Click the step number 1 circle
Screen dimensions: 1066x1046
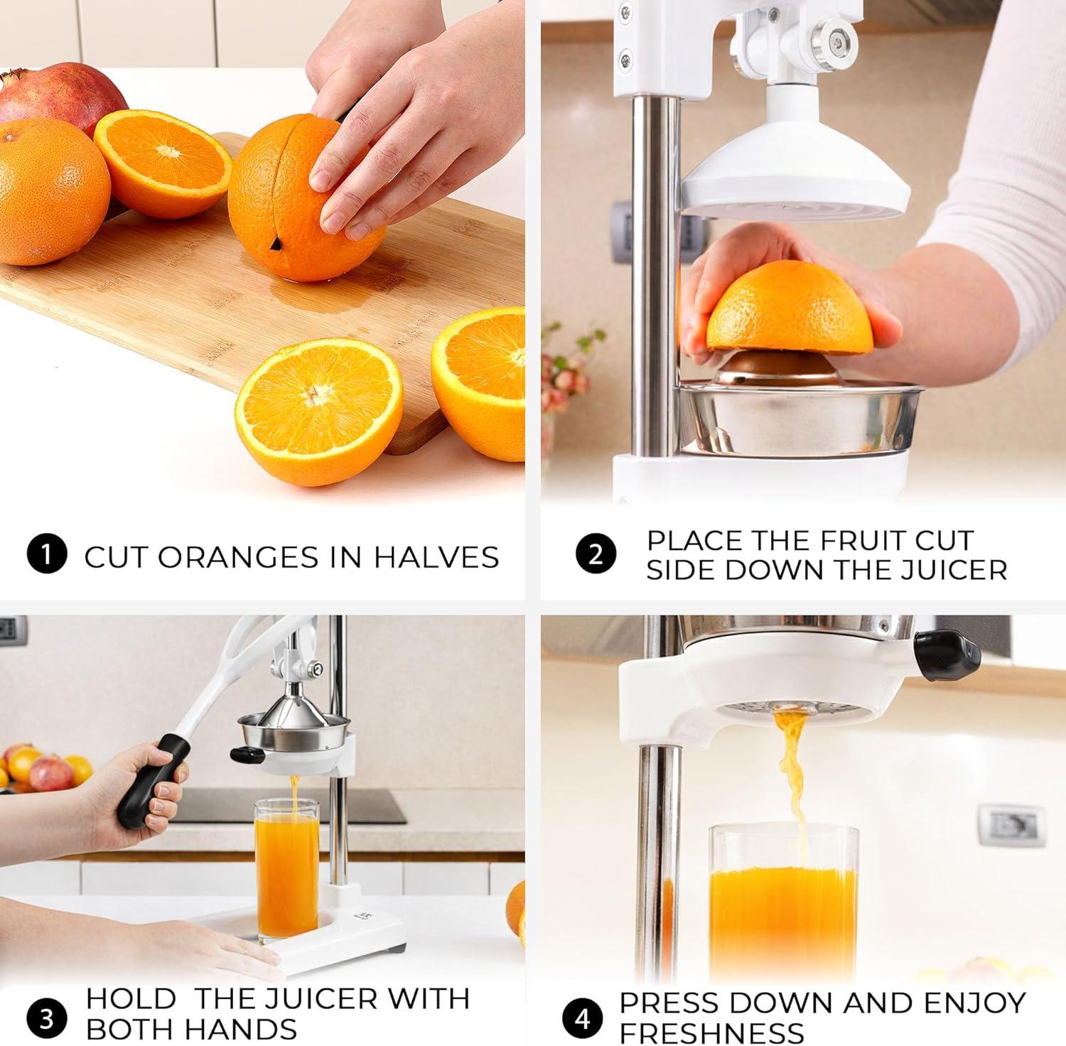(x=47, y=554)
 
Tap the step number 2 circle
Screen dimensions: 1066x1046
(x=596, y=554)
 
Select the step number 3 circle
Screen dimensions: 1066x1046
(x=47, y=1018)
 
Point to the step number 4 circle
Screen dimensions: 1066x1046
(x=583, y=1018)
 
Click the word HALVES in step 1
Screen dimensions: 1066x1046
(x=436, y=556)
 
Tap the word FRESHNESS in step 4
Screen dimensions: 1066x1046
(x=711, y=1032)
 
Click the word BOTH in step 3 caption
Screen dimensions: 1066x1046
(x=130, y=1029)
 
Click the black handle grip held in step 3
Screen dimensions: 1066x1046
(x=152, y=780)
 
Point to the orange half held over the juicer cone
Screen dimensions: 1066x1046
(x=789, y=307)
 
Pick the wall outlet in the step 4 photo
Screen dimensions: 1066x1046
(x=1011, y=826)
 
